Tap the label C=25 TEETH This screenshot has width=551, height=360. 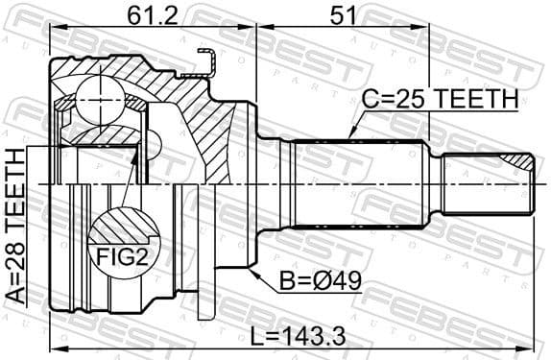tap(438, 99)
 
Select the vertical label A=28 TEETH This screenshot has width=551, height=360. tap(16, 227)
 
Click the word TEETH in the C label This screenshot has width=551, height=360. tap(474, 99)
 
